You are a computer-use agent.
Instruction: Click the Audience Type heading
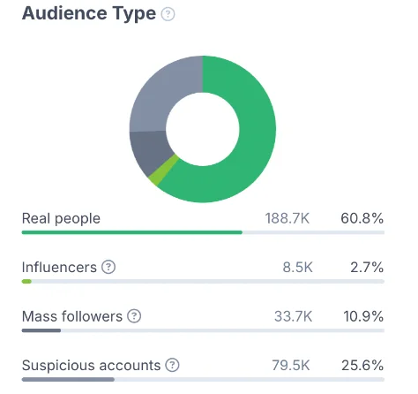[89, 14]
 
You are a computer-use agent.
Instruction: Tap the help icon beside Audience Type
[168, 14]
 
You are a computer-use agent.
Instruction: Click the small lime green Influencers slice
[163, 170]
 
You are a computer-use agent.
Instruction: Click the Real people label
[61, 219]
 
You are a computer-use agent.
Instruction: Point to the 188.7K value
[287, 219]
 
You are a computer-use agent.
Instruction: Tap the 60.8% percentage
[362, 219]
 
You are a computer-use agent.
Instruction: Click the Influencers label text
[59, 268]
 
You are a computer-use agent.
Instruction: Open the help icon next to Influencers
[108, 267]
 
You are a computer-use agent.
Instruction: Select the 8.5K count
[297, 268]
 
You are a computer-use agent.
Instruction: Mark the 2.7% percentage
[367, 268]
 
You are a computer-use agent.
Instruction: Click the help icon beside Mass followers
[134, 316]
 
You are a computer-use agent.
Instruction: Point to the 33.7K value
[293, 316]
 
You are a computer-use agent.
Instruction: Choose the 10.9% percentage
[363, 316]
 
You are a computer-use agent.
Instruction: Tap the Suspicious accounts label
[91, 366]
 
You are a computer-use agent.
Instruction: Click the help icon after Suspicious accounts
[172, 365]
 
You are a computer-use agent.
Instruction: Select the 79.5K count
[291, 366]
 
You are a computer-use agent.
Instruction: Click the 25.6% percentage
[362, 366]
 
